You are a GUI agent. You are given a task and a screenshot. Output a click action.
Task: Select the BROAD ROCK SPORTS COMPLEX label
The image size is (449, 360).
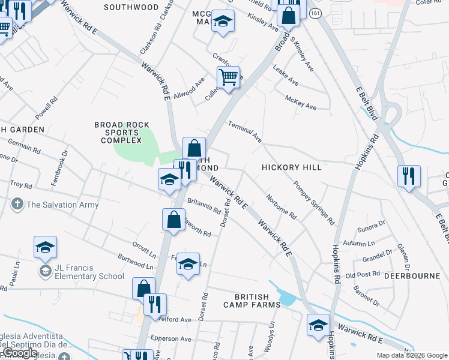[x=122, y=133]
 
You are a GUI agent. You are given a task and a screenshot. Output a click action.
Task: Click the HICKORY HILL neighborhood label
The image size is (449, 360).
[x=291, y=167]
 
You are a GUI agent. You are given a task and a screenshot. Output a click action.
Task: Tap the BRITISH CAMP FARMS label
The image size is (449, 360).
[x=258, y=301]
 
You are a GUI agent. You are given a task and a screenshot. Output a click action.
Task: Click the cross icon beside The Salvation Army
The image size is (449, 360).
[x=18, y=205]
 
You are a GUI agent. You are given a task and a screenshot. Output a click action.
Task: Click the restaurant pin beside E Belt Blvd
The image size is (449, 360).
[x=409, y=176]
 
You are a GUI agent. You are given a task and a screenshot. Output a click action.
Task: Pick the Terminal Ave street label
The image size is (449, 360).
[x=245, y=131]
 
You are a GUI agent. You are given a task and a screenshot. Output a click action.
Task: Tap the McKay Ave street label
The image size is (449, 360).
[x=301, y=103]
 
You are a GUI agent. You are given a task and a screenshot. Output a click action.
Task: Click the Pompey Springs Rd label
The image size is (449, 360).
[x=314, y=202]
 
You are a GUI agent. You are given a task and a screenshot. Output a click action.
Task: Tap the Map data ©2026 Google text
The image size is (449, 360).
[x=412, y=355]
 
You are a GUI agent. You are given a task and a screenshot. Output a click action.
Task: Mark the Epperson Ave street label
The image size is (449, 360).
[x=171, y=338]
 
